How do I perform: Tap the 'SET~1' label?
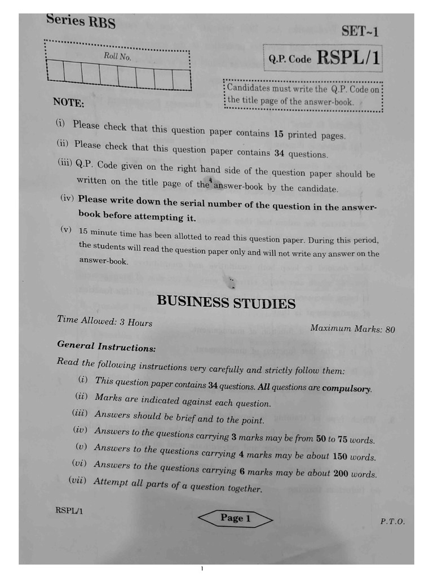click(x=360, y=31)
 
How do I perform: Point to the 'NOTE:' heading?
click(x=68, y=103)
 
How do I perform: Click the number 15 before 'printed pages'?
click(x=279, y=134)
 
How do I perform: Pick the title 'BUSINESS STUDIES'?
click(x=226, y=303)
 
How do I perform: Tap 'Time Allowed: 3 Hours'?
click(x=104, y=321)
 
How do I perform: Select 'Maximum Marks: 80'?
click(x=352, y=329)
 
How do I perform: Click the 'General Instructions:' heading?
click(x=106, y=347)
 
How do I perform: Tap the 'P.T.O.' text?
click(x=392, y=522)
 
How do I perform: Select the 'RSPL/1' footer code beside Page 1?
click(x=69, y=511)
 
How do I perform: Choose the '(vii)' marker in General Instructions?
click(x=79, y=480)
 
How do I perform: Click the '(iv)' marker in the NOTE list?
click(x=67, y=198)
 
